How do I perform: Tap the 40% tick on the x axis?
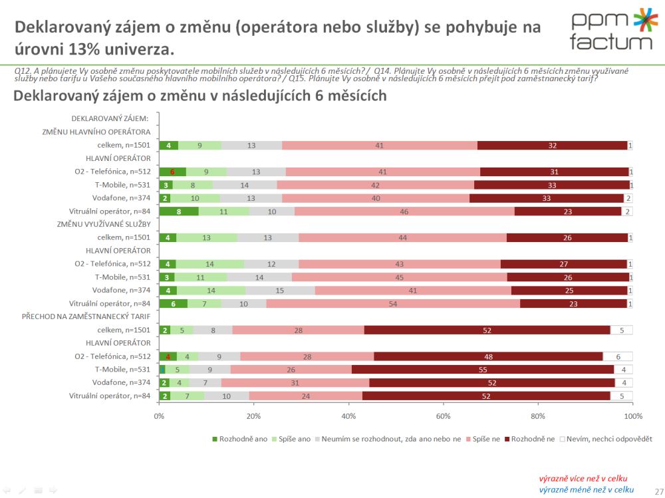click(348, 416)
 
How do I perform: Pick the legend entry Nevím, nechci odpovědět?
click(605, 439)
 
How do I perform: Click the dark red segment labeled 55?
click(483, 369)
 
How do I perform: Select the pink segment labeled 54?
click(393, 303)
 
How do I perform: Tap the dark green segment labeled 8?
click(178, 211)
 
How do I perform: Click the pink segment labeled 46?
click(404, 211)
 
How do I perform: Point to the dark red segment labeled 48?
click(488, 356)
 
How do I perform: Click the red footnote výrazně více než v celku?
click(583, 478)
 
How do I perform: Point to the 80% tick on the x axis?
click(538, 416)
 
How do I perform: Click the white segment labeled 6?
click(618, 356)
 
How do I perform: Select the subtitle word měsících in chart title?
click(353, 96)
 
